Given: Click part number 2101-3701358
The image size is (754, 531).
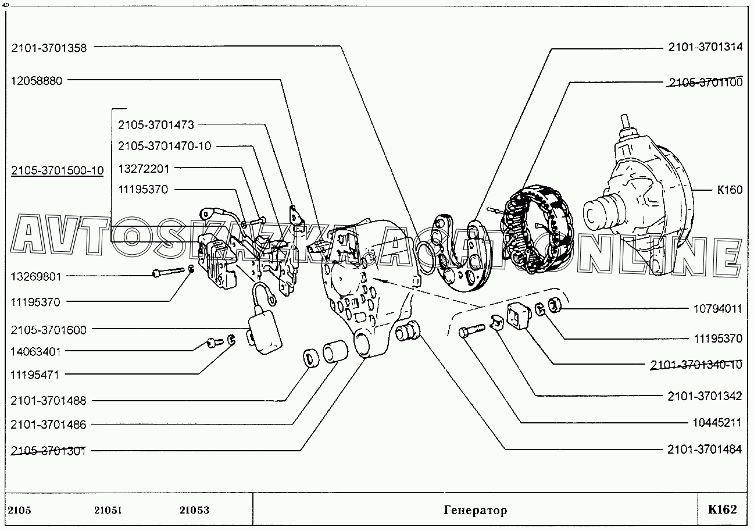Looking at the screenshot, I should pos(49,48).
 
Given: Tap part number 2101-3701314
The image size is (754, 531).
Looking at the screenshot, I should pos(705,48).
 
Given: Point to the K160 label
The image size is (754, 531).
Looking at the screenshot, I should pos(729,190).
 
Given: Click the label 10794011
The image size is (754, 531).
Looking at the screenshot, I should pos(717,309).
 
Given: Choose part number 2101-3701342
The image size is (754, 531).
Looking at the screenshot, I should pos(705,396).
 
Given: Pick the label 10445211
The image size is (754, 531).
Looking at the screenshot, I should pos(717,423).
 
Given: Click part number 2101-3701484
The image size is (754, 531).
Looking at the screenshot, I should pos(705,450).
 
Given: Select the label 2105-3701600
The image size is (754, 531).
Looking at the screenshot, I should pos(48,330).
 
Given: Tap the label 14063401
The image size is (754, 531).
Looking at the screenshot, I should pos(36,351).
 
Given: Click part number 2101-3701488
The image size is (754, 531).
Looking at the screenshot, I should pos(48,401).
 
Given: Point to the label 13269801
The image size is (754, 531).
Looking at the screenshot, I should pos(36,277).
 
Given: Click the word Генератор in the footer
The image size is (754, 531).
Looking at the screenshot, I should pos(475,511).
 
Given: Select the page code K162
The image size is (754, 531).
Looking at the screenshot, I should pos(723,510).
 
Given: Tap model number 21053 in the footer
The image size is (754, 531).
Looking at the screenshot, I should pos(194,511).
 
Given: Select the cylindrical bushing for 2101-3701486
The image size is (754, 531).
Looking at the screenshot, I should pos(335,351).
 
